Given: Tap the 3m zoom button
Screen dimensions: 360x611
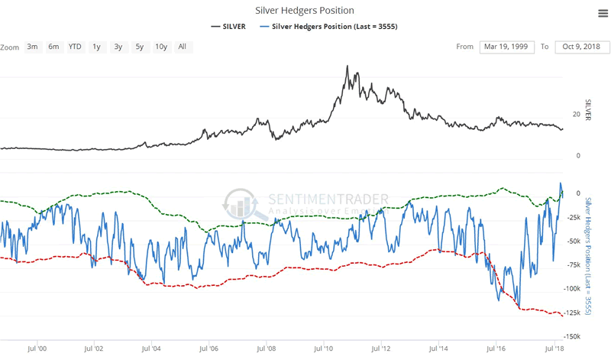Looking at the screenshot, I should point(32,47).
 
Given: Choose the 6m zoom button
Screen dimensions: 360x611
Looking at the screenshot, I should point(53,47).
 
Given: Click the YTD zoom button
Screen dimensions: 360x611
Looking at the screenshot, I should point(75,47).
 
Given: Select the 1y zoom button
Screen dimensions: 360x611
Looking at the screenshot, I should point(96,47).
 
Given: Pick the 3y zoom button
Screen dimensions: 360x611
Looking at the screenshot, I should point(118,47).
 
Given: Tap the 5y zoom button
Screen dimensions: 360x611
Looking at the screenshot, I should point(139,47).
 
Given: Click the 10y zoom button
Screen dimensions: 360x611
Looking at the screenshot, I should point(161,47).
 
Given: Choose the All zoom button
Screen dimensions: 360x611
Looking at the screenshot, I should point(182,47).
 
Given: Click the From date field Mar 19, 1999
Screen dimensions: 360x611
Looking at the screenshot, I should point(508,47).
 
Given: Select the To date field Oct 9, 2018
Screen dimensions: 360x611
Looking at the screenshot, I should point(581,47).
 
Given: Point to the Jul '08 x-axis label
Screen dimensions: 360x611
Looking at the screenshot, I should point(266,348).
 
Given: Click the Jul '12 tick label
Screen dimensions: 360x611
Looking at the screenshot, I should point(380,348).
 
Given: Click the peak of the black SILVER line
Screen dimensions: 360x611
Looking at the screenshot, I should point(348,66).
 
